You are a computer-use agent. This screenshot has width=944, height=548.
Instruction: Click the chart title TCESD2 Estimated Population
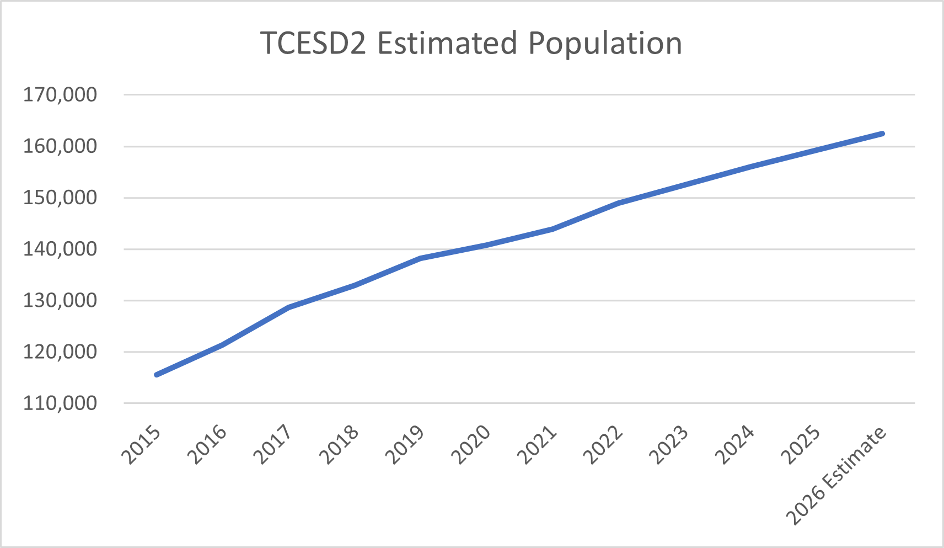[471, 44]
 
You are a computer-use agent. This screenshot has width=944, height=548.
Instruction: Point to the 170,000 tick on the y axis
[60, 95]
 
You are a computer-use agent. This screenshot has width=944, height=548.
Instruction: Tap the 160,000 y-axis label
[60, 146]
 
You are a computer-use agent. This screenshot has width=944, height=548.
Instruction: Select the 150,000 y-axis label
[60, 198]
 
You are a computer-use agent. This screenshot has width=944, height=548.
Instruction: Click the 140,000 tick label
[60, 249]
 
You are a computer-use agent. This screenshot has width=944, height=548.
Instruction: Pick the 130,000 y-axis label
[60, 301]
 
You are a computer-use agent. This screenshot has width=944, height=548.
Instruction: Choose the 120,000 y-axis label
[60, 352]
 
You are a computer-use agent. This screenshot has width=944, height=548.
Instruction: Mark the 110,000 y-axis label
[60, 403]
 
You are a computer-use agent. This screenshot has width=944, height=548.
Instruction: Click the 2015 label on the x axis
[142, 445]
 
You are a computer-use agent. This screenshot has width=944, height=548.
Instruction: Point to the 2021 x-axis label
[537, 445]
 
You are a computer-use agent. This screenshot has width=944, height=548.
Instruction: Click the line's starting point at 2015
[157, 375]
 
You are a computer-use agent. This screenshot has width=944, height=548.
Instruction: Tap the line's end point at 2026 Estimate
[882, 134]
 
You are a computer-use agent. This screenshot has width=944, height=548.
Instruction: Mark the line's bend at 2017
[288, 307]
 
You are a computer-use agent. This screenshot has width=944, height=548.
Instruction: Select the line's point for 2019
[420, 258]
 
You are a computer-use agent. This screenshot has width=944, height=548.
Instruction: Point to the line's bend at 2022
[619, 203]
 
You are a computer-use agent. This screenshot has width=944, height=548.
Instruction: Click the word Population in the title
[605, 44]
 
